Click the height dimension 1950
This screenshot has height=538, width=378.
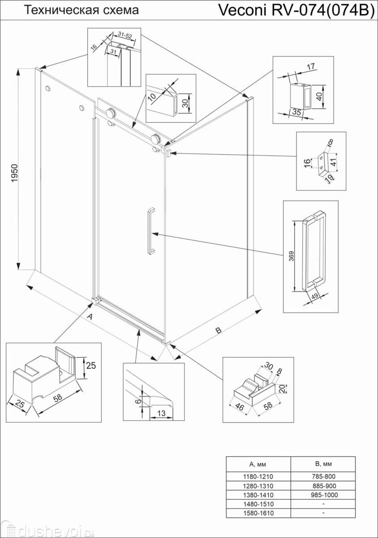point(14,172)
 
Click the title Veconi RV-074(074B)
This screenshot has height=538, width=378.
point(296,10)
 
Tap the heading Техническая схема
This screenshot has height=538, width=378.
point(81,10)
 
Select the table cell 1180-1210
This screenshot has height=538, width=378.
point(258,477)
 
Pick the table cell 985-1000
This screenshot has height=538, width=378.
point(323,495)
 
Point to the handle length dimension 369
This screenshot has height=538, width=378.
point(291,256)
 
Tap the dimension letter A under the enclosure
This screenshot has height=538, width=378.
point(90,317)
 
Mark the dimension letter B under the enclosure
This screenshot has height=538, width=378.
point(219,331)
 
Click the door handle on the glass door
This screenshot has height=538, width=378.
point(151,231)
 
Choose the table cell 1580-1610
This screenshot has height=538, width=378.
point(258,513)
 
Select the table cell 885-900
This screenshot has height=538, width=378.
point(323,486)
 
